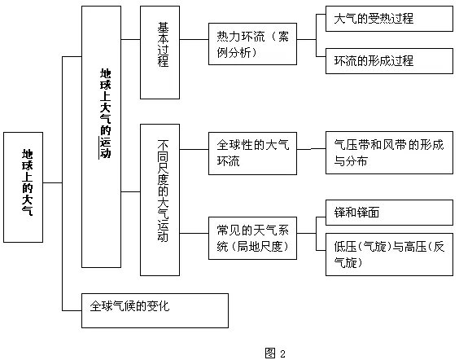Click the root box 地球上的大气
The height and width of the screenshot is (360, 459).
click(x=23, y=187)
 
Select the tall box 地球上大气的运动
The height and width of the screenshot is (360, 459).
click(x=101, y=137)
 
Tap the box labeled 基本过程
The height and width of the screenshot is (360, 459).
click(x=160, y=52)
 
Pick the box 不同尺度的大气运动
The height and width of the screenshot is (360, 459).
click(x=160, y=200)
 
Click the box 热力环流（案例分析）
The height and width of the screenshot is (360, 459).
click(x=252, y=44)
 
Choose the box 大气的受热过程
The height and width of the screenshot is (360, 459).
click(x=389, y=19)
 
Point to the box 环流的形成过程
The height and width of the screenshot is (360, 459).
click(x=389, y=61)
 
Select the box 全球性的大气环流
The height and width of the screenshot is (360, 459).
click(x=252, y=153)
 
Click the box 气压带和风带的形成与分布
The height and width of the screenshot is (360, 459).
click(x=389, y=152)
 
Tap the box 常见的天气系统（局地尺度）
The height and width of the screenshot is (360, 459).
click(x=252, y=238)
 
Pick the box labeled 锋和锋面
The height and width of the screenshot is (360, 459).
click(x=389, y=213)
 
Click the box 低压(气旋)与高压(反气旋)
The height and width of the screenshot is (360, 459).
click(x=389, y=255)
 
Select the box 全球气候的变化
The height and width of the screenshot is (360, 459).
click(x=155, y=310)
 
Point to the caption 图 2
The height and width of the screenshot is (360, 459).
click(x=275, y=353)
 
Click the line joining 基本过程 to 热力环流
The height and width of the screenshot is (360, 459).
click(x=194, y=39)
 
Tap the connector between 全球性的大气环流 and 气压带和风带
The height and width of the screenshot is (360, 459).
click(x=311, y=149)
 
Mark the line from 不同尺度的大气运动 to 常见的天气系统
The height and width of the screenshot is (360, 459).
click(x=194, y=234)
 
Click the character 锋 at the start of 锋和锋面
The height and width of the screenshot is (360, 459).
click(x=339, y=213)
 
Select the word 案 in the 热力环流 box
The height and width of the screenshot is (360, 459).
click(x=283, y=37)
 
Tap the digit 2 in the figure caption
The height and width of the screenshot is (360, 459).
click(x=282, y=353)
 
